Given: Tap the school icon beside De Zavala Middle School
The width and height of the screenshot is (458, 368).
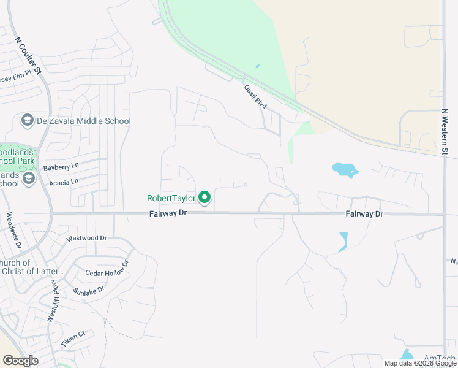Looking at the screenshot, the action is pos(27,121).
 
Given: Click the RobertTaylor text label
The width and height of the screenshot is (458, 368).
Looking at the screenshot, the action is pos(171,198).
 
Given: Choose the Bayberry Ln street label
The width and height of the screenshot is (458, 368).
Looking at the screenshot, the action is pos(61,167).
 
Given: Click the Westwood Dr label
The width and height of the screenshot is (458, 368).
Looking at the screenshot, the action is pos(86,237).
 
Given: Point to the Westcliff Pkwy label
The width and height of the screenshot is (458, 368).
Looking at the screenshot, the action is pos(53,301).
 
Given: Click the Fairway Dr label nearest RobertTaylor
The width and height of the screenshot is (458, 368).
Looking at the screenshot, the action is pos(168,213).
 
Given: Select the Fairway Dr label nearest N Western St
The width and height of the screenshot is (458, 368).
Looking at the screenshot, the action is pos(364,213).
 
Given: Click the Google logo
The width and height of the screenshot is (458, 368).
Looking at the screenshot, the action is pos(21,361).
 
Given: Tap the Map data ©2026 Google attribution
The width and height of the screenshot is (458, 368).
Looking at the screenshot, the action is pos(419,363).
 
